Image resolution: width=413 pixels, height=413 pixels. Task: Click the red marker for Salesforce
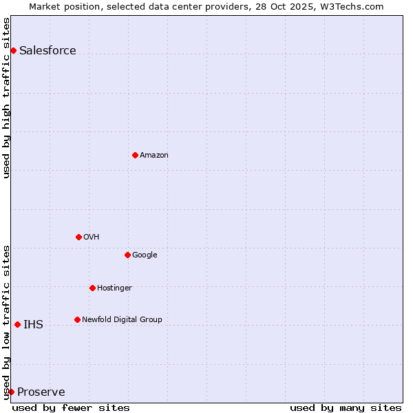(13, 50)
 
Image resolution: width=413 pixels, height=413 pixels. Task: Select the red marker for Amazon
(135, 155)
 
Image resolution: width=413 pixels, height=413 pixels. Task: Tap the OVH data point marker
(78, 237)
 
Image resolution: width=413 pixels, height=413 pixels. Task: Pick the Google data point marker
(127, 255)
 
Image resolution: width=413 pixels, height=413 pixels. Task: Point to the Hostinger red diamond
(92, 288)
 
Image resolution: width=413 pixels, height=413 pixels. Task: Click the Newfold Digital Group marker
(77, 319)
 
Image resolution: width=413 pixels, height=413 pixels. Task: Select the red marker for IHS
(17, 324)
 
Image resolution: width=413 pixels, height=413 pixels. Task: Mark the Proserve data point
(11, 392)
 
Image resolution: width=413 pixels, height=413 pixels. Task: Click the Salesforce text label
(47, 50)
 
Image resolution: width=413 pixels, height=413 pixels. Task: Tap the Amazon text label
(154, 155)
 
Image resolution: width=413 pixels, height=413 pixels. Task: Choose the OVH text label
(92, 237)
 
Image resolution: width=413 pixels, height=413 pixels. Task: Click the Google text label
(145, 255)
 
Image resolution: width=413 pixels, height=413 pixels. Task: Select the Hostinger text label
(114, 288)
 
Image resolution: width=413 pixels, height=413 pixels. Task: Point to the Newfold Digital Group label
(122, 319)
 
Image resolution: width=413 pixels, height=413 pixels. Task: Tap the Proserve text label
(41, 392)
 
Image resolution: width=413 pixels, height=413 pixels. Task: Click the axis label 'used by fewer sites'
(71, 407)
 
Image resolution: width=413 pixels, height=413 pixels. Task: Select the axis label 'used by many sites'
(346, 407)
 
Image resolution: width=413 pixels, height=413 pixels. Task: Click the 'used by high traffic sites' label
(6, 97)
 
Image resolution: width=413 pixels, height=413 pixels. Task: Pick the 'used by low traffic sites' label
(6, 322)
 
